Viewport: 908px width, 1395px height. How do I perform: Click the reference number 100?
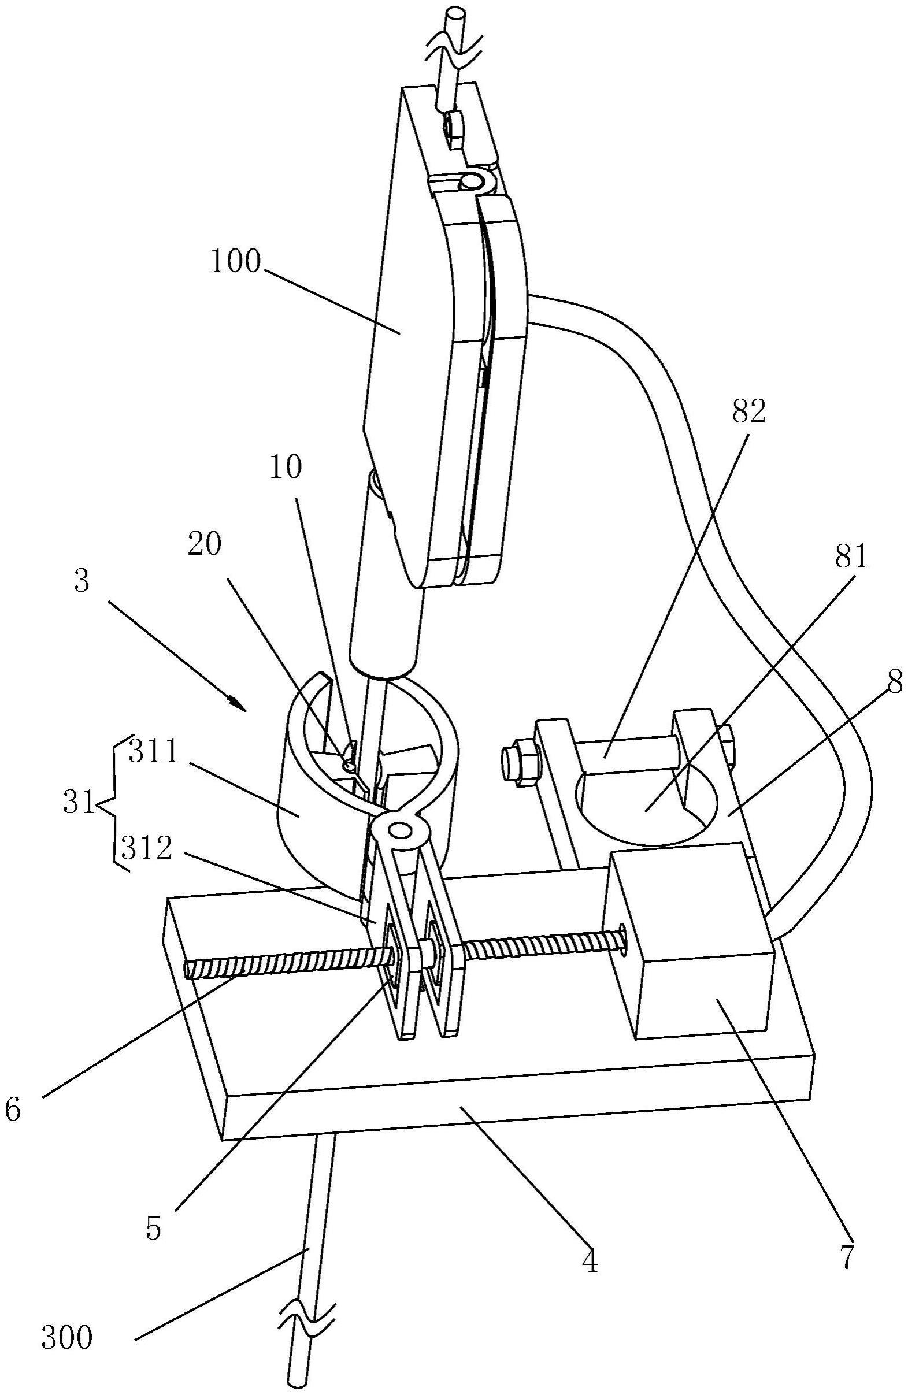(235, 263)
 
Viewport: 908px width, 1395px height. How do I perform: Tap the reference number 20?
(204, 545)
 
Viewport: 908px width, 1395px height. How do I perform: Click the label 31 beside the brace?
(79, 804)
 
